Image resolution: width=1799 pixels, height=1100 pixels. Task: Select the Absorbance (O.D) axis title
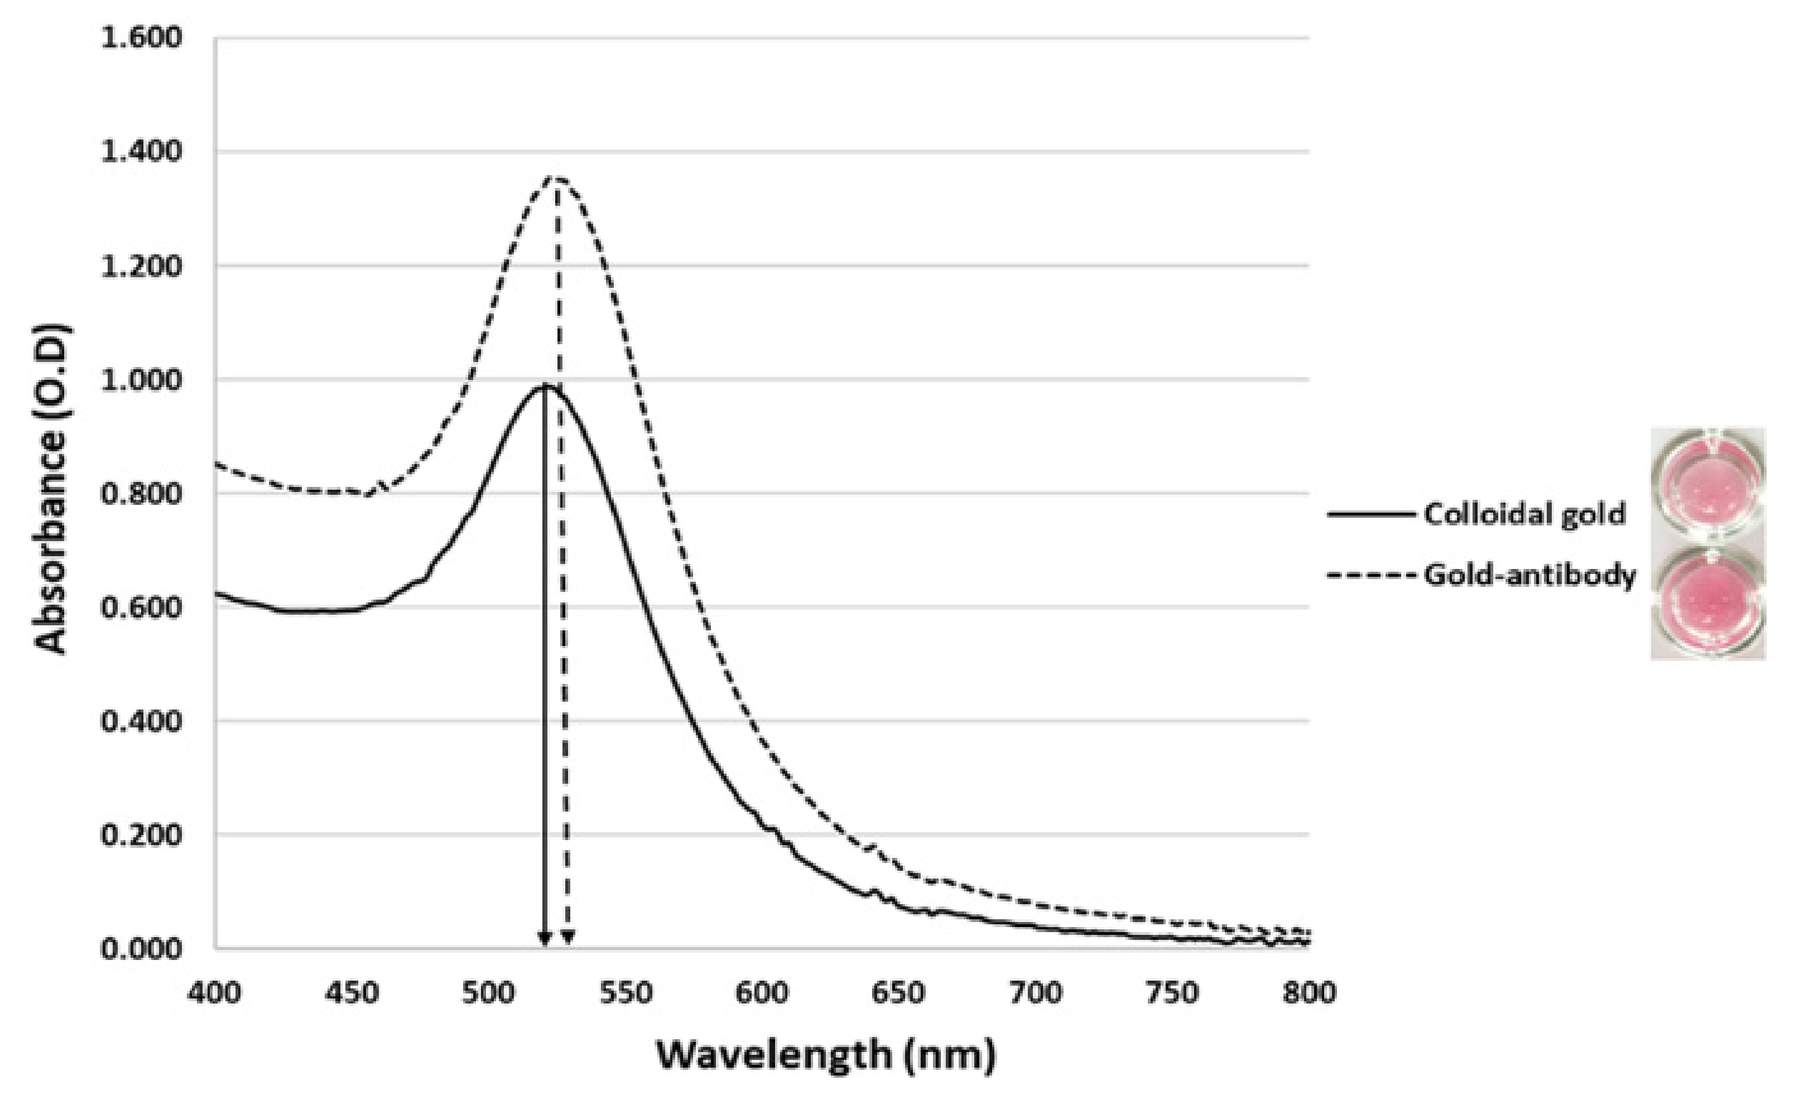click(x=52, y=489)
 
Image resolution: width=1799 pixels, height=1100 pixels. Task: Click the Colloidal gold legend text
click(x=1524, y=514)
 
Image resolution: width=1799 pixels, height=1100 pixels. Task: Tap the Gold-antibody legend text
click(x=1529, y=575)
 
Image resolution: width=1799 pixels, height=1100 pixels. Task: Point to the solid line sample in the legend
click(x=1370, y=514)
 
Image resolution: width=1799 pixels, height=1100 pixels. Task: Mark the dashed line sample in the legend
click(x=1370, y=575)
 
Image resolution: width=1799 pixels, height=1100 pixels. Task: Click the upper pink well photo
click(x=1707, y=488)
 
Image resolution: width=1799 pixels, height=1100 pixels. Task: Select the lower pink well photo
click(x=1707, y=600)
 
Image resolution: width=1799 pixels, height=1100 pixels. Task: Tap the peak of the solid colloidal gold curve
click(x=544, y=386)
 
